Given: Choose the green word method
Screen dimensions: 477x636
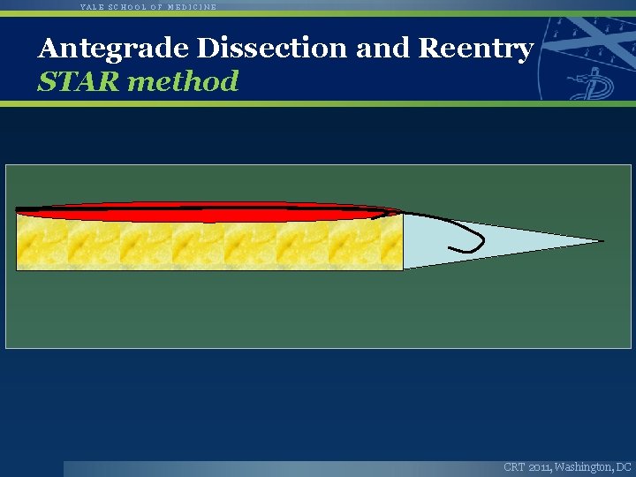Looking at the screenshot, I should click(183, 81).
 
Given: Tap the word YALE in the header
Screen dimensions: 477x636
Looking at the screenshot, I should click(92, 6).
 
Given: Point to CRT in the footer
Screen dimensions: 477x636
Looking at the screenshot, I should click(514, 466).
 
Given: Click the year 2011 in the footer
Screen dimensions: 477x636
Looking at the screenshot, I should click(540, 466).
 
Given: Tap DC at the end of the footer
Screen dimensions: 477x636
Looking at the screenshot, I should click(624, 466).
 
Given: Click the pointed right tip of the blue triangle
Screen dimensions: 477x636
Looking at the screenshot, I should click(602, 240).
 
